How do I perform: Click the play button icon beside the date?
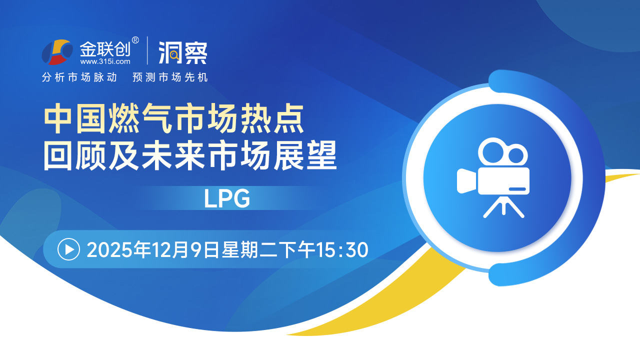click(68, 249)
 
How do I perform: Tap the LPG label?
click(227, 198)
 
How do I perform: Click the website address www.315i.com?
click(105, 61)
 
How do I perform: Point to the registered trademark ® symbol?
click(135, 40)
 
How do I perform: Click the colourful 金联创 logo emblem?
click(57, 52)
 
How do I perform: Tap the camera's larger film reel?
click(492, 151)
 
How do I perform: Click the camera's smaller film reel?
click(515, 154)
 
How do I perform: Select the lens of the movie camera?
click(466, 181)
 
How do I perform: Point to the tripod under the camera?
click(503, 206)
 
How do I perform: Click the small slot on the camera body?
click(517, 189)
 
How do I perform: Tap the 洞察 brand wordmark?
click(183, 52)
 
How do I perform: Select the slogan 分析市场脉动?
click(79, 77)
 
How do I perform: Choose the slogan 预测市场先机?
click(170, 77)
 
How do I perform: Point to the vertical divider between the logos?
click(147, 50)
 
